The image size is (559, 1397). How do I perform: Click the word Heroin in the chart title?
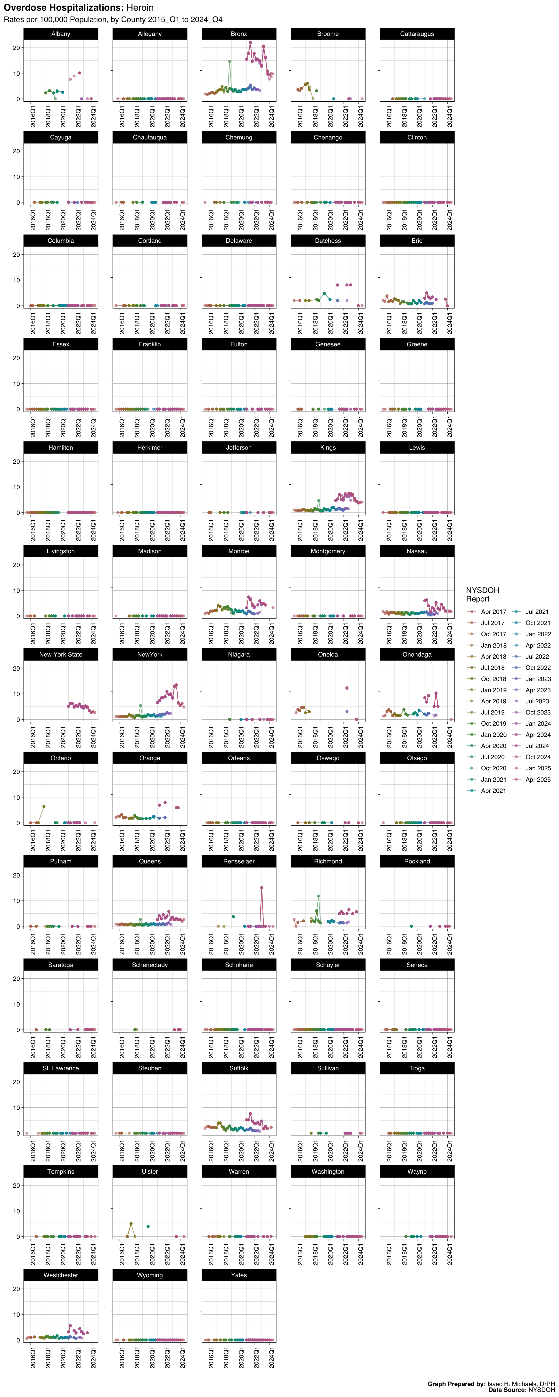click(140, 8)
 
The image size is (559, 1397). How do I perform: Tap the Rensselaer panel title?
click(239, 861)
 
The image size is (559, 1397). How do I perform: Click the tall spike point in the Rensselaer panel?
click(262, 888)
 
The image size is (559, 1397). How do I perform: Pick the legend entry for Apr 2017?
click(493, 612)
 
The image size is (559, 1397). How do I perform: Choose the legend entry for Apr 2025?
click(537, 780)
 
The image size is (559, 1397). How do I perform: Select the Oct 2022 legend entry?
click(537, 668)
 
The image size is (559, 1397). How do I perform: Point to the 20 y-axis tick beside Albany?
click(17, 48)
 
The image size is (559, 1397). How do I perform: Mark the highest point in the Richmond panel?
click(319, 896)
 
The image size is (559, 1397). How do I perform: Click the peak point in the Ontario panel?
click(44, 806)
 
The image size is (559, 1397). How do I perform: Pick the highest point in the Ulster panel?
click(131, 1224)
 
